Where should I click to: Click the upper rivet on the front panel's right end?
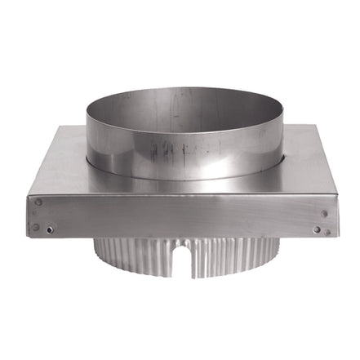click(324, 214)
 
